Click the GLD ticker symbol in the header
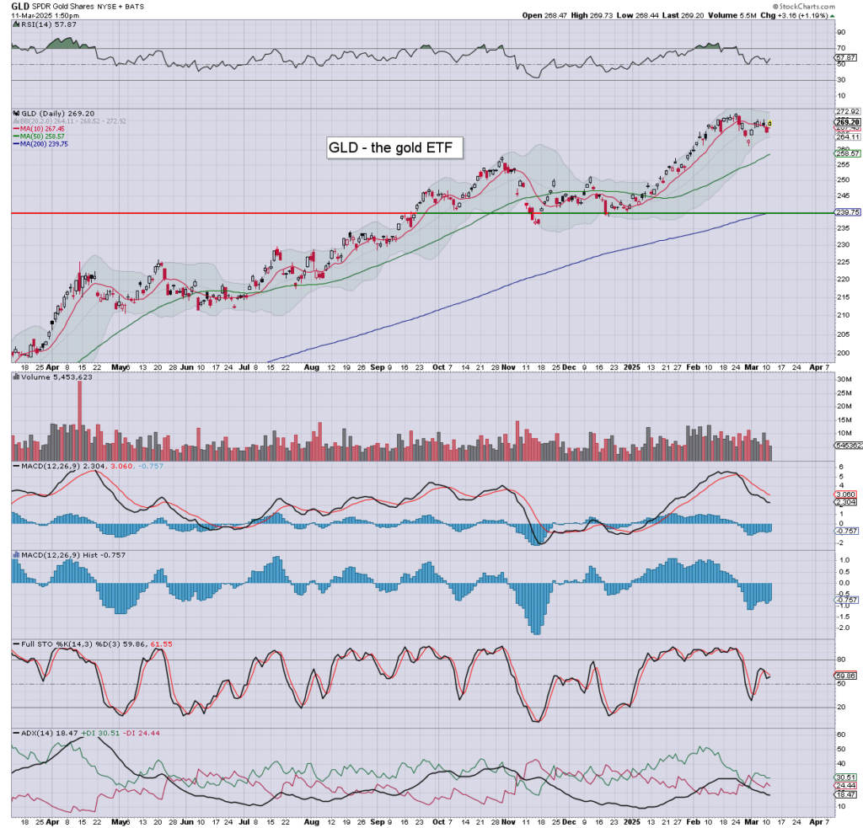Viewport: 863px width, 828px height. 19,6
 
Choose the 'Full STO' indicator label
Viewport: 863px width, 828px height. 29,644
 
